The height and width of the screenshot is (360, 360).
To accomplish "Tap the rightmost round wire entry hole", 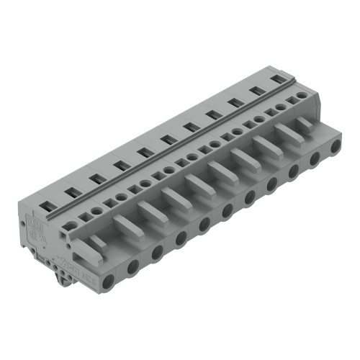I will [x=336, y=152].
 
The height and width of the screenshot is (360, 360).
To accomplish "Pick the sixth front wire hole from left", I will [x=227, y=210].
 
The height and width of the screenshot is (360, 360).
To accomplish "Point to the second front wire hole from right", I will [x=315, y=162].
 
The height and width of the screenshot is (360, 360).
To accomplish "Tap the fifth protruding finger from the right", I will [x=219, y=171].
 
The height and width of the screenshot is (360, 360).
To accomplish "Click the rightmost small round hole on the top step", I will [x=300, y=94].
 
